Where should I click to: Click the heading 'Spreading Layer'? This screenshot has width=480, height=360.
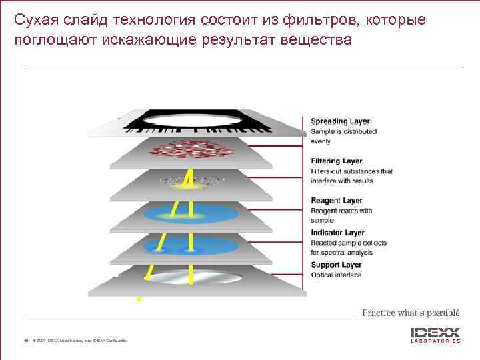(x=340, y=121)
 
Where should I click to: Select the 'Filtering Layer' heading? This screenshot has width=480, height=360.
(x=337, y=161)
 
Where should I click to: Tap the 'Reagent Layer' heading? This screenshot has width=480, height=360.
(x=337, y=201)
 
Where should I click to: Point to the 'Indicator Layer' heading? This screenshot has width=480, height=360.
(x=338, y=233)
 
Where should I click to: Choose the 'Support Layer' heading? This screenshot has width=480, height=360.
(x=336, y=265)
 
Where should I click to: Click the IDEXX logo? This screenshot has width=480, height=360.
(x=435, y=331)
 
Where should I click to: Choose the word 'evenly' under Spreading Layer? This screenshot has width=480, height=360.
(x=321, y=141)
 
